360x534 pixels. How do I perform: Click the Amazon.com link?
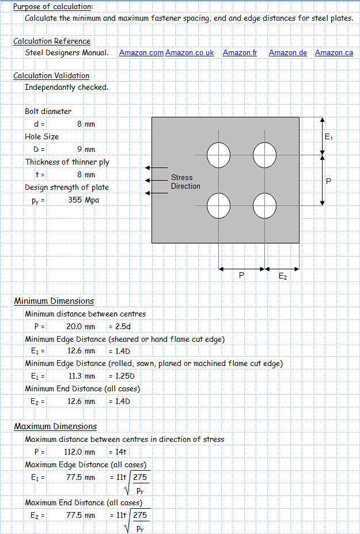tap(141, 52)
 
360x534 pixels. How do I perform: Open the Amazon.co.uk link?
tap(189, 52)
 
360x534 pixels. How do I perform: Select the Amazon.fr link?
tap(240, 52)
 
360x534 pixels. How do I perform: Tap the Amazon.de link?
tap(287, 52)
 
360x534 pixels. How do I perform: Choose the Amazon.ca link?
tap(334, 52)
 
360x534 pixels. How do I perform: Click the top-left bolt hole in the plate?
tap(219, 154)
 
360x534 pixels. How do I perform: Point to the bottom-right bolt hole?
tap(264, 205)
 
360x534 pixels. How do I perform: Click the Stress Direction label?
tap(185, 182)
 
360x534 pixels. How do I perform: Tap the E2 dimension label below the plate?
tap(283, 276)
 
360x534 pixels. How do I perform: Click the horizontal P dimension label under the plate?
tap(241, 276)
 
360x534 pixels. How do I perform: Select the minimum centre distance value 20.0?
tap(73, 326)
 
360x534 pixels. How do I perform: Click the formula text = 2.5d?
tap(120, 326)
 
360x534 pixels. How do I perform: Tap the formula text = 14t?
tap(119, 452)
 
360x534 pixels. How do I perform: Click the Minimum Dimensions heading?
tap(54, 301)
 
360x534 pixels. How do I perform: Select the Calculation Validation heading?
tap(51, 76)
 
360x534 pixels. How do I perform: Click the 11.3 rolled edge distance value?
tap(74, 376)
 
